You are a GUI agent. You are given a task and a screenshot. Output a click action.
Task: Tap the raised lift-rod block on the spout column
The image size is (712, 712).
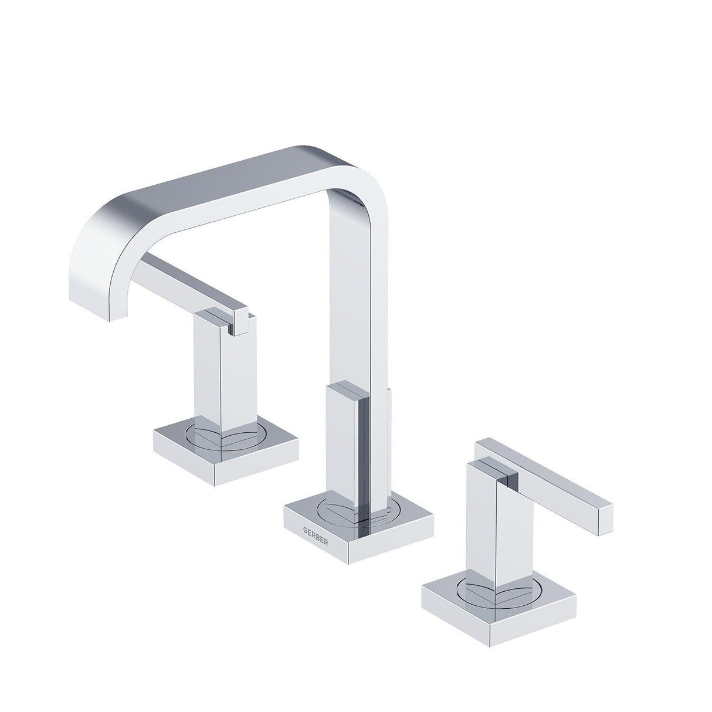[346, 440]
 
